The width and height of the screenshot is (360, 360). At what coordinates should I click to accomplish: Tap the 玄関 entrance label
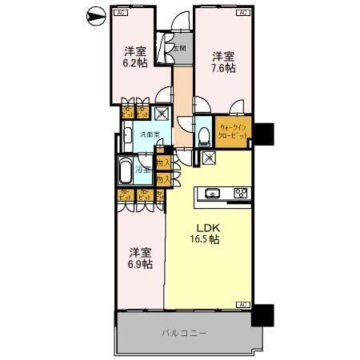[180, 48]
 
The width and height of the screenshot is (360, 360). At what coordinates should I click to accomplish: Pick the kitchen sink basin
[214, 193]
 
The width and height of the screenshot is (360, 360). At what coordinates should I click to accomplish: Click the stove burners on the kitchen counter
[240, 193]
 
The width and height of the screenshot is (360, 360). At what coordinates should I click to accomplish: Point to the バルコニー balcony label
[184, 332]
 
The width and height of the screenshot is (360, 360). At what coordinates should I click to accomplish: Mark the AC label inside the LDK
[243, 304]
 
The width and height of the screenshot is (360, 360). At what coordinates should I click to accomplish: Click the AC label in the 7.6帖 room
[242, 14]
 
